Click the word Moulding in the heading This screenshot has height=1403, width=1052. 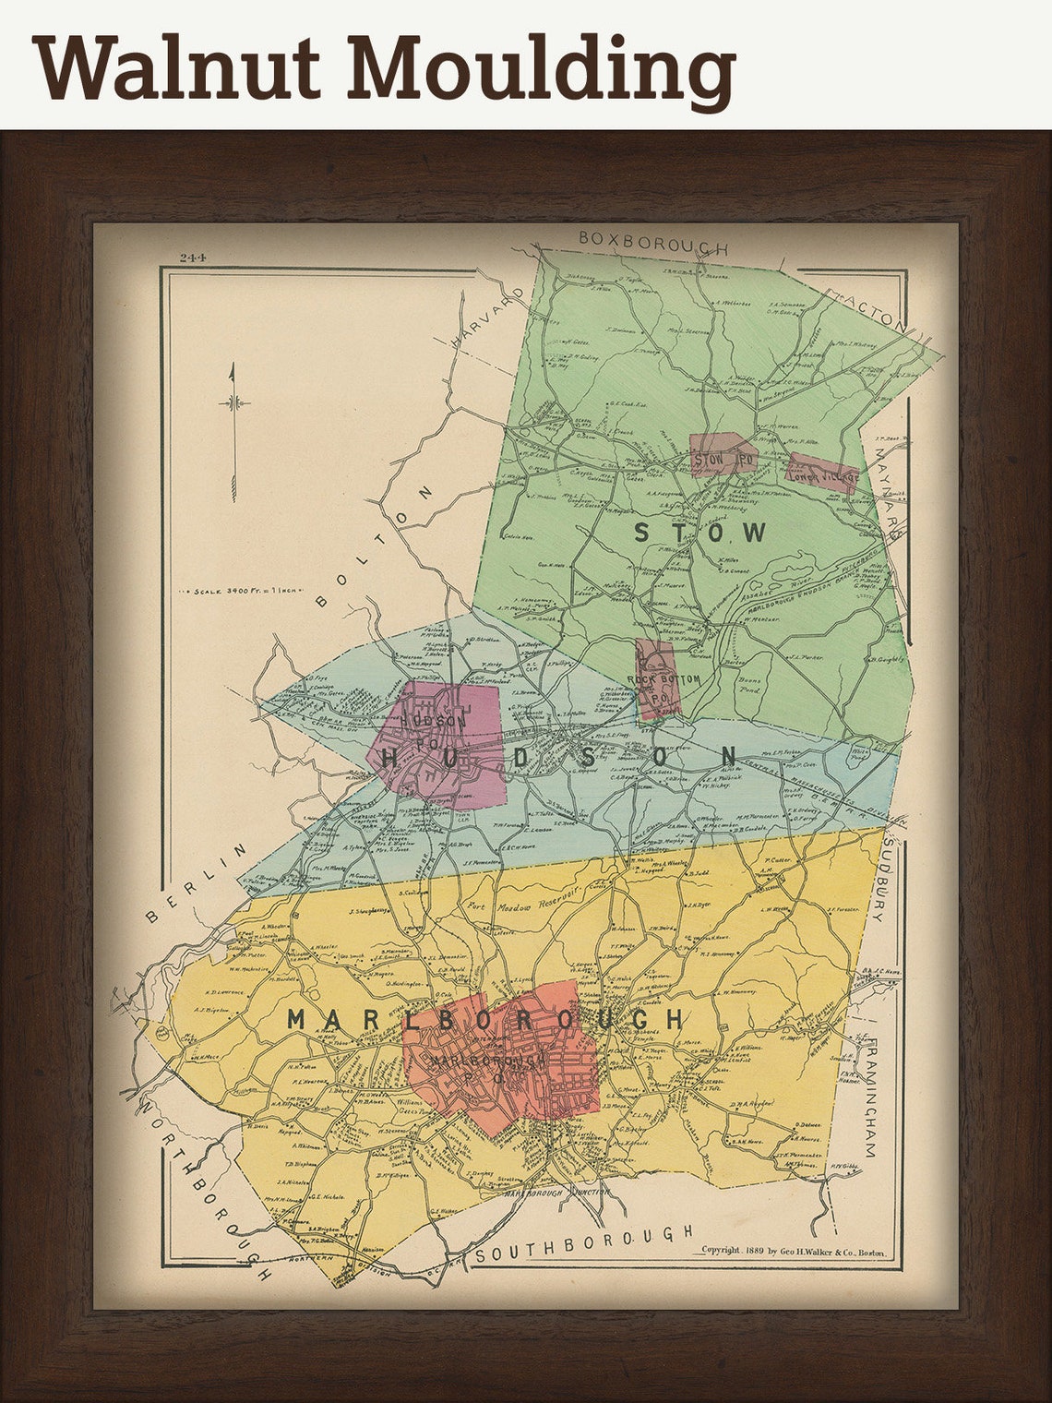541,70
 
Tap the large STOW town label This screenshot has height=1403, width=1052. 699,533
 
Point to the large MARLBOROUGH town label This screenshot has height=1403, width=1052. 486,1020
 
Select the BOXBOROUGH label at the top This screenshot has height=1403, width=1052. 652,243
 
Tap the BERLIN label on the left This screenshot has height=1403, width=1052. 197,882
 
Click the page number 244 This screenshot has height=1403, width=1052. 193,258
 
